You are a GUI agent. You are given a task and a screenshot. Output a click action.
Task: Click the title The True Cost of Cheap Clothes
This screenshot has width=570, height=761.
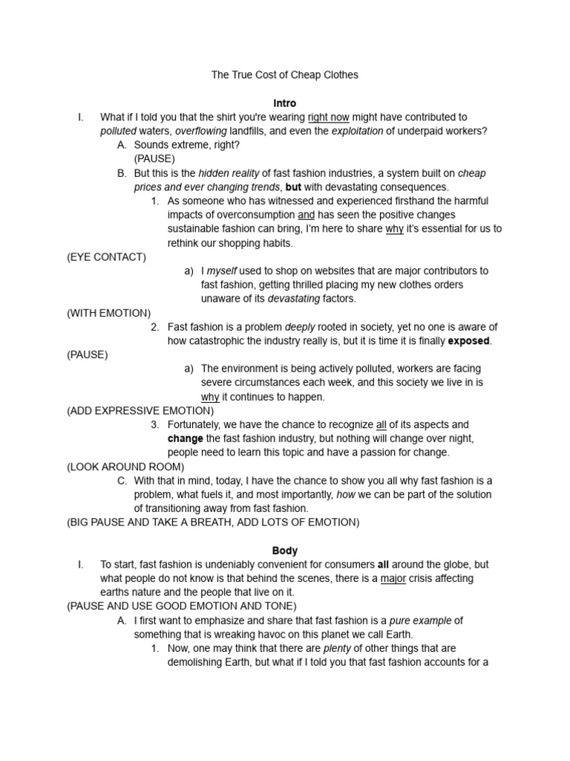point(284,75)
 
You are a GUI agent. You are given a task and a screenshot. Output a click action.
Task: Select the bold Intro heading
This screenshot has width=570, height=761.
point(284,103)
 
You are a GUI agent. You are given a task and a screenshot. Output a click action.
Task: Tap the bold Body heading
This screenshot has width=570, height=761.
point(284,551)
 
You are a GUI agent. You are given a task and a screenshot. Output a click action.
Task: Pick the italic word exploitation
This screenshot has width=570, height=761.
point(356,132)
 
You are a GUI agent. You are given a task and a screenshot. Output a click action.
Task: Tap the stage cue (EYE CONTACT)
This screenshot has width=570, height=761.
point(106,257)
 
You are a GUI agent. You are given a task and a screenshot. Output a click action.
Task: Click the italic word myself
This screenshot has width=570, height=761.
point(222,271)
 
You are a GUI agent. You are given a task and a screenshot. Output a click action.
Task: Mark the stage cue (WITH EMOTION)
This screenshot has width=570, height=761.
point(108,313)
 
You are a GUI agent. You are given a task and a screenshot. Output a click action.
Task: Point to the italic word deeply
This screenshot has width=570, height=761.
point(301,327)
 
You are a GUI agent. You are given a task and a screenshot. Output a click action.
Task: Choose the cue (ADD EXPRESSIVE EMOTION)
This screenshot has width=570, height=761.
point(140,411)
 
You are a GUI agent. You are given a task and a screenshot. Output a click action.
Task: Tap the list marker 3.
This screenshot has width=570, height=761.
point(154,425)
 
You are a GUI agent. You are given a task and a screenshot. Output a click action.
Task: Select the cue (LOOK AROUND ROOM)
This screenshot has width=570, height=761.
point(125,467)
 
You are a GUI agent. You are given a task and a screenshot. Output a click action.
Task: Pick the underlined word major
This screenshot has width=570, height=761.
point(393,579)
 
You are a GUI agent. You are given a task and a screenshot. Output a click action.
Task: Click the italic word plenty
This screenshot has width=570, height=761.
point(336,649)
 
